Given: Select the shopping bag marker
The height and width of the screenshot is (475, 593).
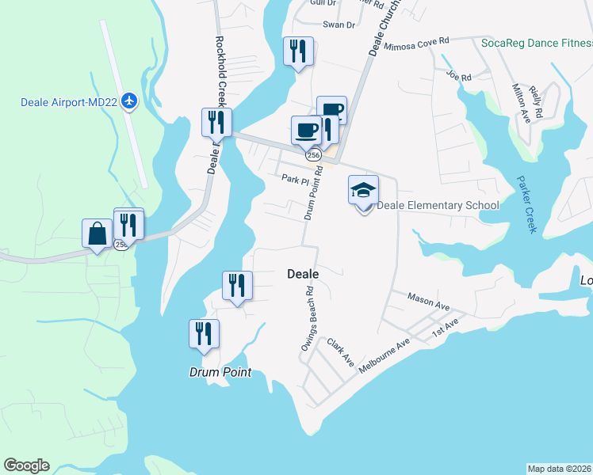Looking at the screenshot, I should [x=97, y=234].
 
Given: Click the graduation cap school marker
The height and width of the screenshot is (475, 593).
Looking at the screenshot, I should [x=363, y=191].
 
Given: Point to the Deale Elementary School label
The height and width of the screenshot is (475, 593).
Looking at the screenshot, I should [x=438, y=206].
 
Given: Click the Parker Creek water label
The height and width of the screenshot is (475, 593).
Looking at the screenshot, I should [x=526, y=204].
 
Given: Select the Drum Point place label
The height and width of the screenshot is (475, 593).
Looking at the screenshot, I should [x=220, y=372].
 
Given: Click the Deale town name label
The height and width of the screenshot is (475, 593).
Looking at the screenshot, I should [x=302, y=274].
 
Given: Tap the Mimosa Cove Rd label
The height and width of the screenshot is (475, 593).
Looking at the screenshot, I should [x=416, y=43].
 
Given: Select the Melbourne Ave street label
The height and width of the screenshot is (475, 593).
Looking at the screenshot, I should [x=384, y=357].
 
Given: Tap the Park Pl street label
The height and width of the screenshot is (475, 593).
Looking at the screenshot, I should [x=294, y=179].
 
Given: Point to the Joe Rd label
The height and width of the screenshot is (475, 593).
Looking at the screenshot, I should [x=458, y=77].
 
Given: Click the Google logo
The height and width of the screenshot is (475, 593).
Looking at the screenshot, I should [x=27, y=465].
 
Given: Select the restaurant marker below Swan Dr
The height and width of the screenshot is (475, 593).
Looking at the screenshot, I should [x=298, y=51].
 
